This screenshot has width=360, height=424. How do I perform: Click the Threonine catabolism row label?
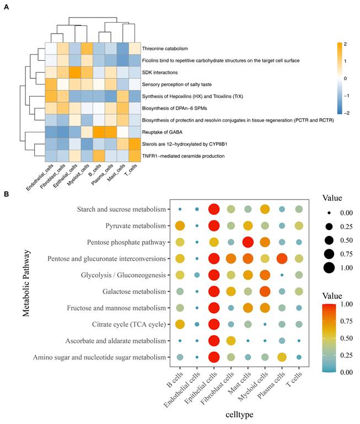pos(165,49)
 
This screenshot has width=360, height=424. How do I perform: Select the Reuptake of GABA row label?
pos(162,132)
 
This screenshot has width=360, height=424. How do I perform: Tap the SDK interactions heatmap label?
pos(160,72)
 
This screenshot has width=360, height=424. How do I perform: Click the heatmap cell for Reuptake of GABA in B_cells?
pos(99,132)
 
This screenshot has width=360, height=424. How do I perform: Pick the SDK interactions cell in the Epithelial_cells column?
pos(75,72)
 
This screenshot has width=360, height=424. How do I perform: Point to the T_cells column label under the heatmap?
pos(131,170)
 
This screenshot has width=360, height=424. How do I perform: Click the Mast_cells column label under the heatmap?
pos(116,173)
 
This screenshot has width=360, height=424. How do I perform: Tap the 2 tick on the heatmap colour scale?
pos(345,44)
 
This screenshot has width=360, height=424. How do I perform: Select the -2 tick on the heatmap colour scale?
pos(346,113)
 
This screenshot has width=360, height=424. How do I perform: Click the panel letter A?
pos(6,7)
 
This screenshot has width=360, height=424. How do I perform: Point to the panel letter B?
pos(6,194)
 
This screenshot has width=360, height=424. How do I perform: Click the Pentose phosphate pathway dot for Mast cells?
pos(248,242)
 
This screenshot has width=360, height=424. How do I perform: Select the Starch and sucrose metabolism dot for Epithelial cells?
pos(214,210)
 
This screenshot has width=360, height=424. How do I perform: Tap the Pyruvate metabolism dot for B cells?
pos(180,226)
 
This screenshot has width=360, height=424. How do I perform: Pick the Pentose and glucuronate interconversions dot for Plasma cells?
pos(282,259)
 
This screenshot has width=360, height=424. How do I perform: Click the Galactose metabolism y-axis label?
pos(134,292)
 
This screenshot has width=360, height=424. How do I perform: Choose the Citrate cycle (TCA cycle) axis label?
pos(129,324)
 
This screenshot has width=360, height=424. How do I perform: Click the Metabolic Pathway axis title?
pos(26,283)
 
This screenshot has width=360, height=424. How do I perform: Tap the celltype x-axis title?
pos(239,415)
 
